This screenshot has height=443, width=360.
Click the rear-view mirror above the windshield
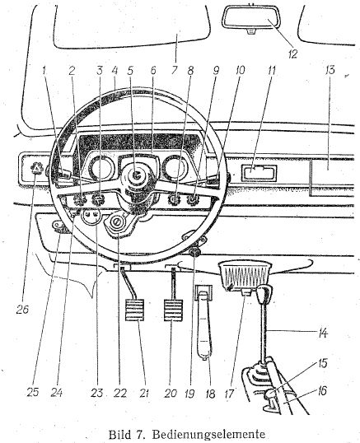click(251, 17)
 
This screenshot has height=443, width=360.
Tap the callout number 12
click(292, 54)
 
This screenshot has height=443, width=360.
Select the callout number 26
click(22, 310)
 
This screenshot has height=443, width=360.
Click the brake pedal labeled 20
click(173, 310)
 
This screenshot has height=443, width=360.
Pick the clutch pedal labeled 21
click(134, 310)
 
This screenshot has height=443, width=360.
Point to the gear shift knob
click(264, 294)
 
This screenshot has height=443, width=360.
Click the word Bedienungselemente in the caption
click(208, 434)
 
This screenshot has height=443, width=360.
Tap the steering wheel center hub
click(138, 175)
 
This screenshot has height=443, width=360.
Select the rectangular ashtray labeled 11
click(259, 173)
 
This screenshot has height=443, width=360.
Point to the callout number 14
click(322, 333)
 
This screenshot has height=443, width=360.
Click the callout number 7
click(175, 70)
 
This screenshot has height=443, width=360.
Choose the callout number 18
click(210, 394)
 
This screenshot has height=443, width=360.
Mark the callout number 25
click(32, 393)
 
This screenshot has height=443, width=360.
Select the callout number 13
click(330, 70)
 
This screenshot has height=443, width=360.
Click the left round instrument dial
click(101, 168)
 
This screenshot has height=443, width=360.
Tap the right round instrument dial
click(175, 168)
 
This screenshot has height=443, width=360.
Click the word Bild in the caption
click(119, 434)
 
